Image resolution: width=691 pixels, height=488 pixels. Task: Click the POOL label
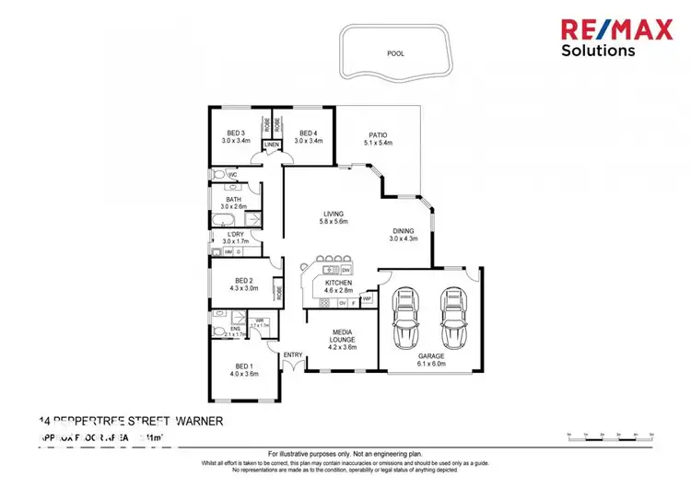click(396, 53)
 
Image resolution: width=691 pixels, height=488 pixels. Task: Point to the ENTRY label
click(293, 355)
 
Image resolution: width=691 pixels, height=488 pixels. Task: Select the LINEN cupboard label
click(272, 145)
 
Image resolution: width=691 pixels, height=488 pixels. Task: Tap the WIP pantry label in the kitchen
click(367, 299)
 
